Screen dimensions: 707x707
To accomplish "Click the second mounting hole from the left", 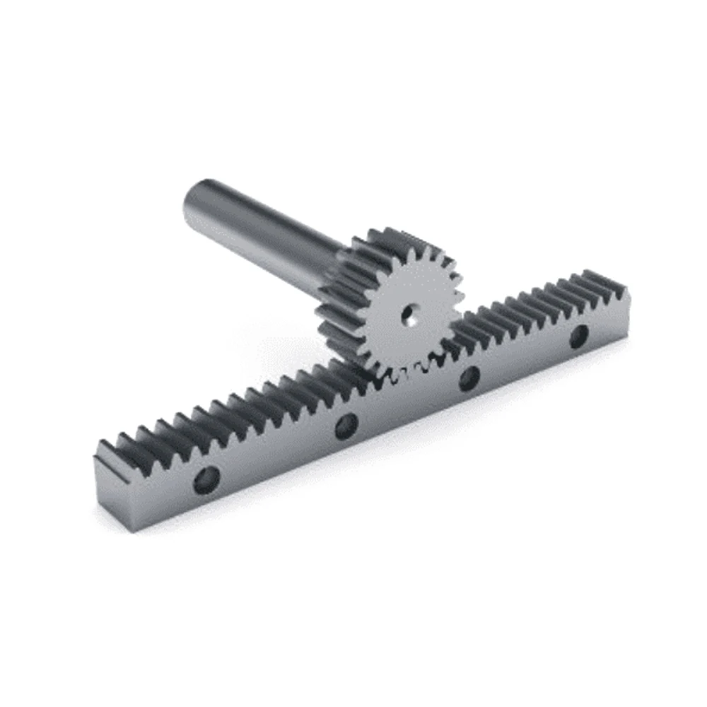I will (346, 426).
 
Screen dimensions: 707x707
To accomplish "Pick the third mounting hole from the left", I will (469, 380).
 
